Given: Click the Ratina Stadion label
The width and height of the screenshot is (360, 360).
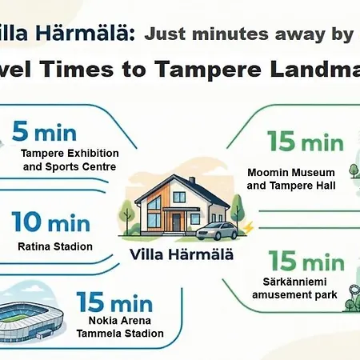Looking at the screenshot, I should coord(55,246).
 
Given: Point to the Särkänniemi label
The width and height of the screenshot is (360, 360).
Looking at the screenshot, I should coord(294,282).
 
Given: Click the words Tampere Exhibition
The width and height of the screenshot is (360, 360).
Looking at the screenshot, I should coord(70,153).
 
